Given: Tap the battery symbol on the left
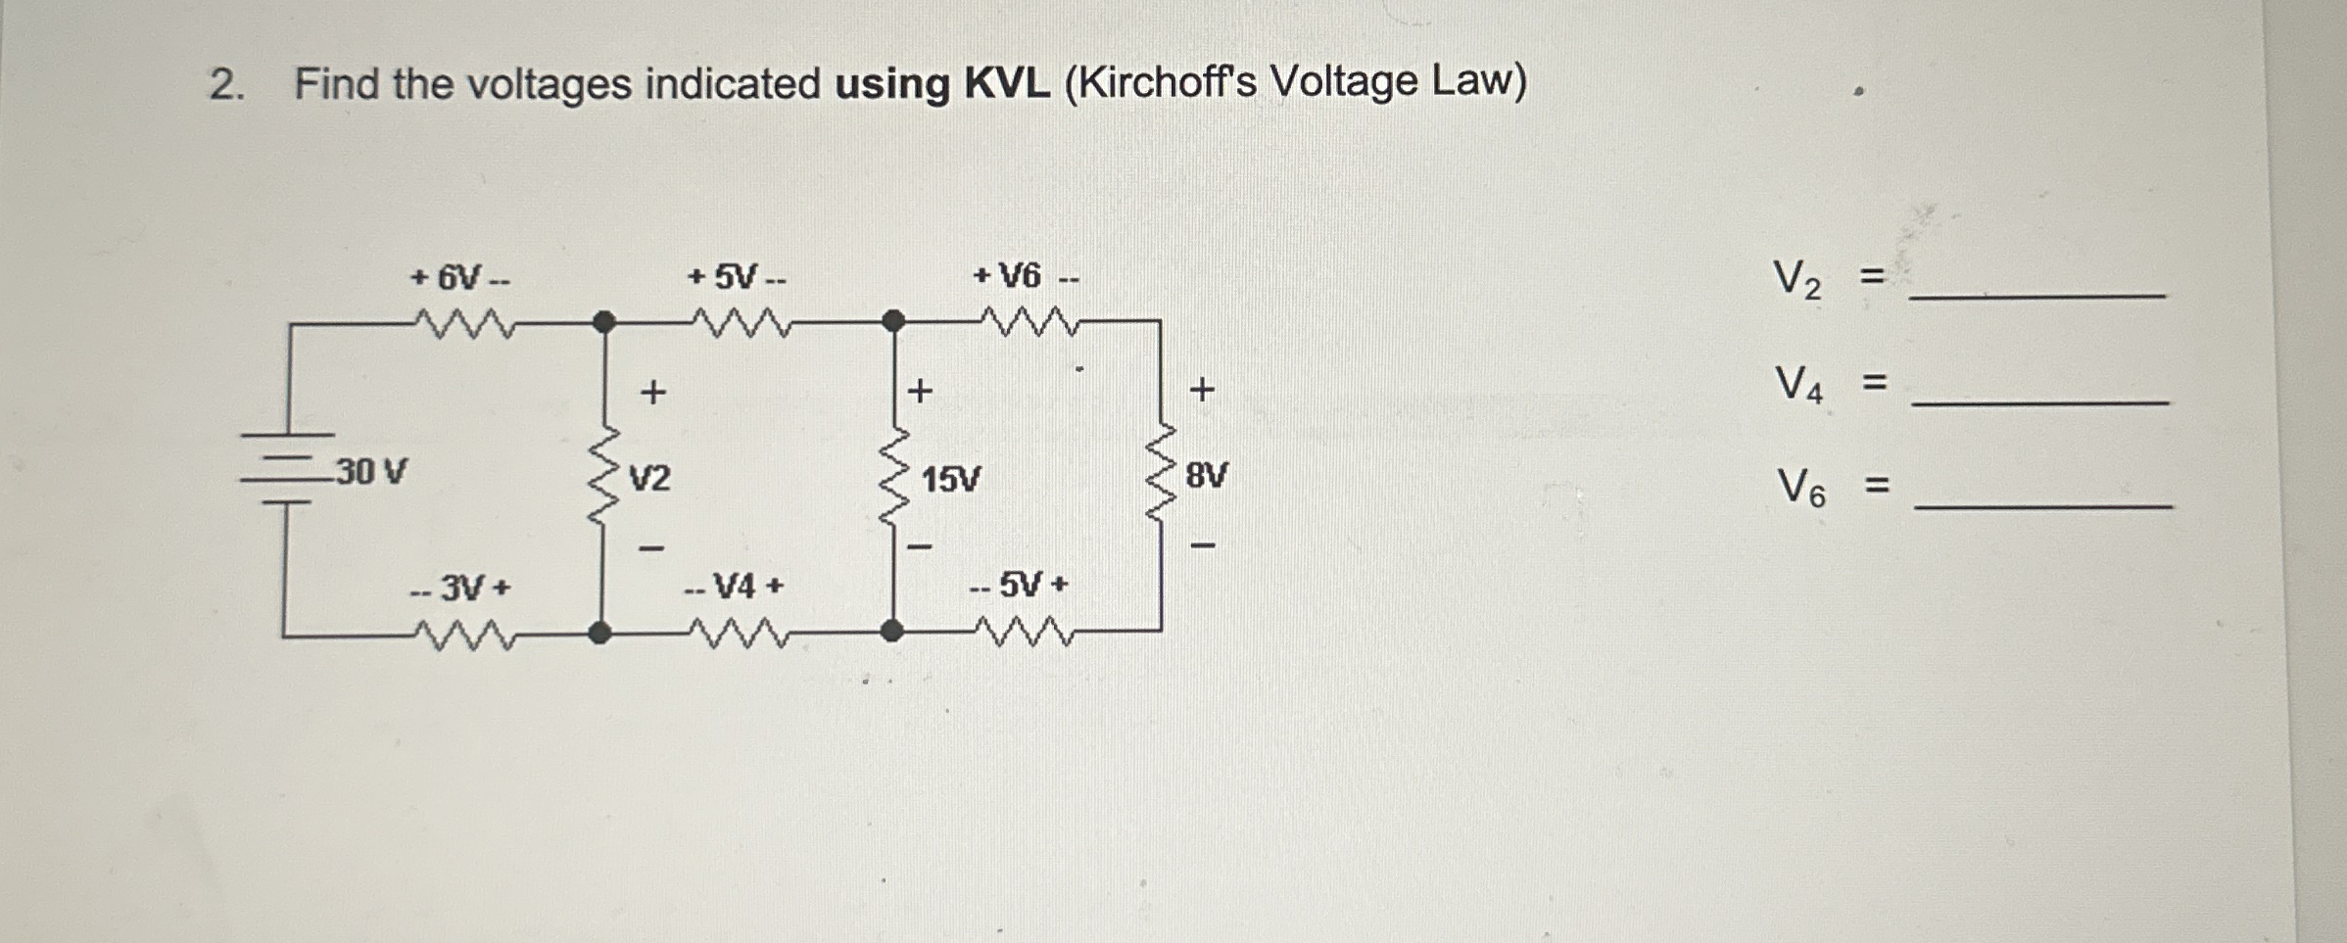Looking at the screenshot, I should coord(286,469).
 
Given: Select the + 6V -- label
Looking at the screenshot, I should coord(459,278).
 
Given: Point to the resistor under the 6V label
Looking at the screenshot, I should coord(461,322).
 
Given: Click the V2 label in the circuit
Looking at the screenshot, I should coord(649,479).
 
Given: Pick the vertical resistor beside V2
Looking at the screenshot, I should coord(604,477).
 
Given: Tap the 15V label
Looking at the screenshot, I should coord(950,480).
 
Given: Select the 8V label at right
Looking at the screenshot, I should coord(1206,477).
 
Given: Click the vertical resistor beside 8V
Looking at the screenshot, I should coord(1162,476).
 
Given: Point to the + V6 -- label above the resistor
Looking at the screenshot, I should coord(1025,277).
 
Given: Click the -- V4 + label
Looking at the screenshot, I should coord(735,588).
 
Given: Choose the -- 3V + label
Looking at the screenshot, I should coord(460,589).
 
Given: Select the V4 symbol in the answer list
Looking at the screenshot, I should coord(1799,384).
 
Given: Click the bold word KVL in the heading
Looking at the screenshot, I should coord(1007,84).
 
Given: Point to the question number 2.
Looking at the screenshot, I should coord(225,86).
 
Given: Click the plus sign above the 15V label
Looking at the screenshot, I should coord(920,392).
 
